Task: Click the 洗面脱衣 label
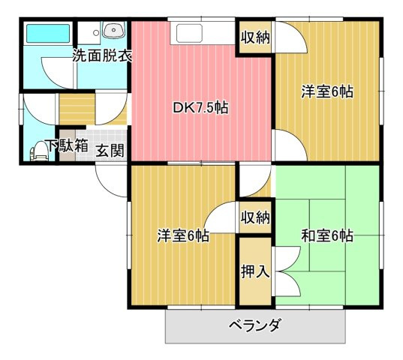pyautogui.click(x=103, y=56)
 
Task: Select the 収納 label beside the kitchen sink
pyautogui.click(x=256, y=37)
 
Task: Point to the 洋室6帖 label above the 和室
pyautogui.click(x=327, y=92)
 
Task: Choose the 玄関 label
pyautogui.click(x=110, y=150)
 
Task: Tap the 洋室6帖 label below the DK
pyautogui.click(x=182, y=235)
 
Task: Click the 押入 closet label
pyautogui.click(x=255, y=271)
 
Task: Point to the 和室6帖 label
pyautogui.click(x=327, y=235)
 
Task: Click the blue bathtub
pyautogui.click(x=48, y=34)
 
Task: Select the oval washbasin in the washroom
pyautogui.click(x=113, y=31)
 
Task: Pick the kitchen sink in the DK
pyautogui.click(x=187, y=34)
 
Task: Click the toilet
pyautogui.click(x=37, y=152)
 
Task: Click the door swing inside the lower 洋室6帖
pyautogui.click(x=222, y=217)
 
